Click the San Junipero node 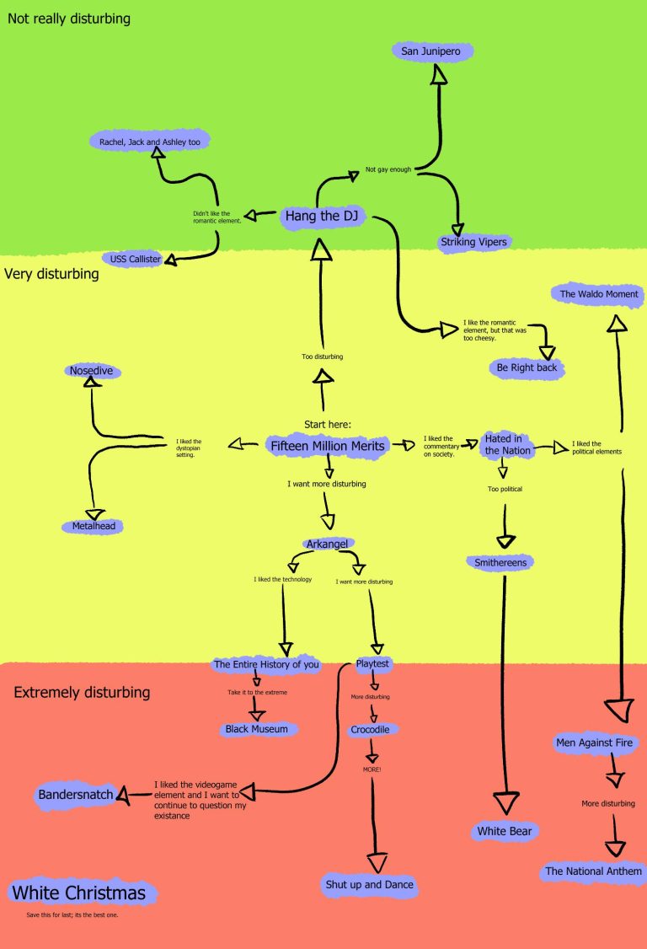(x=433, y=51)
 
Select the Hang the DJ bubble (x=322, y=217)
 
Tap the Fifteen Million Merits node (x=328, y=446)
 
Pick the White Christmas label (x=78, y=893)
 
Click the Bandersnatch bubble (x=75, y=795)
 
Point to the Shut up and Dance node (x=370, y=885)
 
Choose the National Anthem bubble (x=593, y=871)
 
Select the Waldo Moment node (x=600, y=294)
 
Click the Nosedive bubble (x=91, y=370)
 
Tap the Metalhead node (x=93, y=526)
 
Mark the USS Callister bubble (x=135, y=259)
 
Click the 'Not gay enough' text (x=388, y=169)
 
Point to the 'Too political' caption (x=505, y=489)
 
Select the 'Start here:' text (x=327, y=424)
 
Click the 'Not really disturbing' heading (x=68, y=18)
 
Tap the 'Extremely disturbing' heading (x=82, y=693)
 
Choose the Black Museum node (x=256, y=728)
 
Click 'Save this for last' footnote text (x=72, y=914)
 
